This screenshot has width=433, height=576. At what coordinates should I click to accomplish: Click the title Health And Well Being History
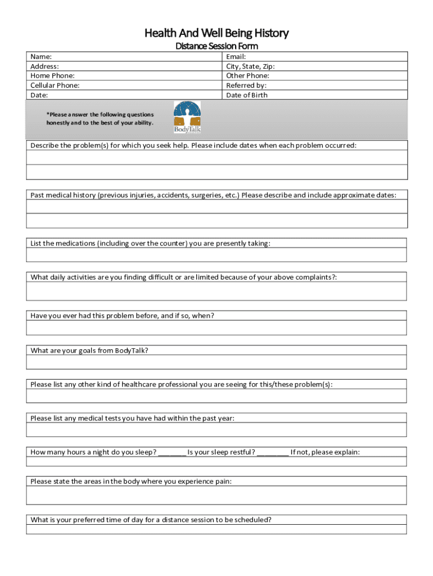point(216,33)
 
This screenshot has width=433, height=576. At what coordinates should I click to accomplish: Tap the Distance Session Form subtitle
point(216,46)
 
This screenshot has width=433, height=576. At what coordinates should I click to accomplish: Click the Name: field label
point(41,56)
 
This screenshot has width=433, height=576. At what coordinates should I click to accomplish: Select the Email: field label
point(236,56)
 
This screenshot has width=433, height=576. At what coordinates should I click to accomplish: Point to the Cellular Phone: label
point(55,85)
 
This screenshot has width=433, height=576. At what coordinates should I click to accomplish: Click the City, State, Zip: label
point(250,66)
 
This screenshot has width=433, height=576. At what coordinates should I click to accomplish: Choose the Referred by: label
point(246,85)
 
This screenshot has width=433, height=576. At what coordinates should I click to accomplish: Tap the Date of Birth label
point(247,95)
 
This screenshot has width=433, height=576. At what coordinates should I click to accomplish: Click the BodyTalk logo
point(187,117)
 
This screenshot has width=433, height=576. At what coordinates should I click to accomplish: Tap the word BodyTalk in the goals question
point(131,350)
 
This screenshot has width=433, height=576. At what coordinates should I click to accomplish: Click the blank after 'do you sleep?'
point(172,452)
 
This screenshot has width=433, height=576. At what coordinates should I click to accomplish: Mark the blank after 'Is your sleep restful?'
point(273,452)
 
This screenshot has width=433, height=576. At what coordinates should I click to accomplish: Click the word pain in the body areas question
point(223,481)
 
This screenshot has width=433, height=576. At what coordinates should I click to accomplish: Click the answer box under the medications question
point(216,255)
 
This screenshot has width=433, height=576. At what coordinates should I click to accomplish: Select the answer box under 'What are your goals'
point(216,362)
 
